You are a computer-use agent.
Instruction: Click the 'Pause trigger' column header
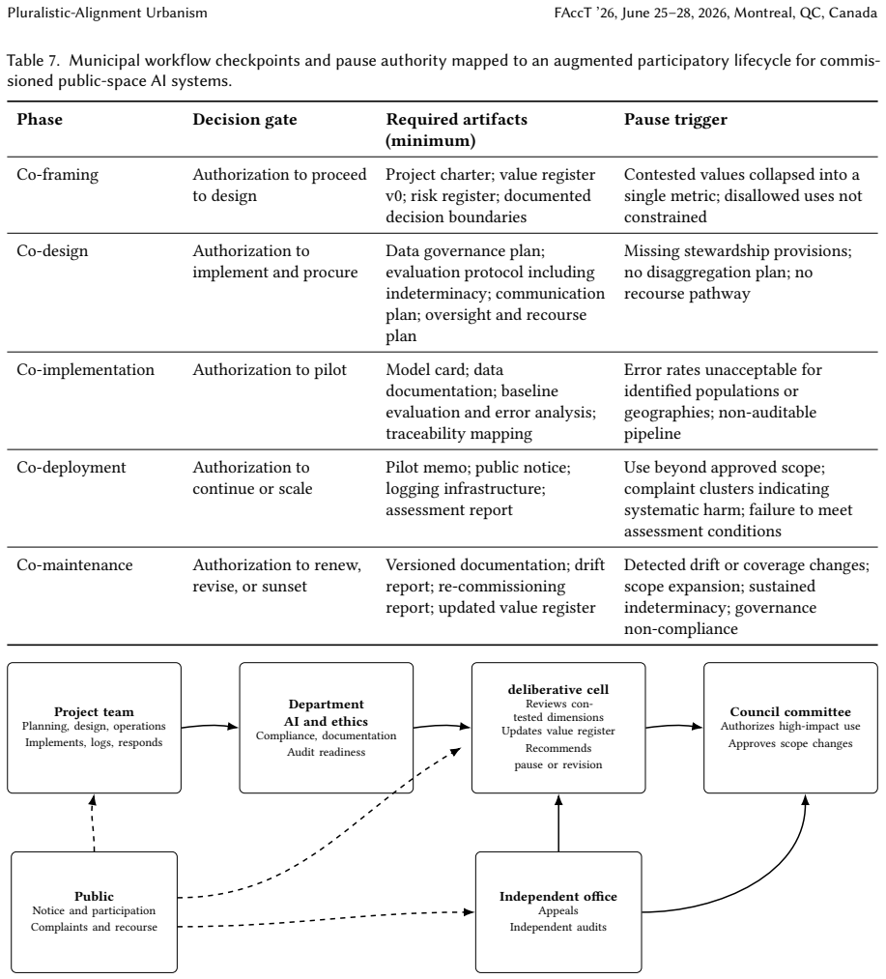click(675, 119)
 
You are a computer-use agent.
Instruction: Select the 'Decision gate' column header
click(244, 119)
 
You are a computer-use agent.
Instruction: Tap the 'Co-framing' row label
click(57, 175)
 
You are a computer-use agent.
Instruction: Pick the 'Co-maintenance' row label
click(75, 565)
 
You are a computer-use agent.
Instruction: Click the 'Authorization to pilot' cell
click(270, 369)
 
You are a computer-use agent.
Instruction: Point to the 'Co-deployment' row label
click(71, 468)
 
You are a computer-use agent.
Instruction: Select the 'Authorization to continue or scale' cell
click(252, 478)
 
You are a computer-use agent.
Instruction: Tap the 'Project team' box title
click(95, 711)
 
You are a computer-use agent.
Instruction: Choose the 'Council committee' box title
click(790, 711)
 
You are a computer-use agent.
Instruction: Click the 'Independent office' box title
click(558, 897)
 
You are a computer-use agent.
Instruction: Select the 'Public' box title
click(95, 897)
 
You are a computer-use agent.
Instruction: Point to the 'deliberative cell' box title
click(558, 690)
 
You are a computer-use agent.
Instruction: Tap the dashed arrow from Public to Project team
click(93, 822)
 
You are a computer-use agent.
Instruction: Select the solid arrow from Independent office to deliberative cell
click(558, 822)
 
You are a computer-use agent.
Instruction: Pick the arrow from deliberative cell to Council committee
click(674, 726)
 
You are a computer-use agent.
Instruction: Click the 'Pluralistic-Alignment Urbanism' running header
click(107, 14)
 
